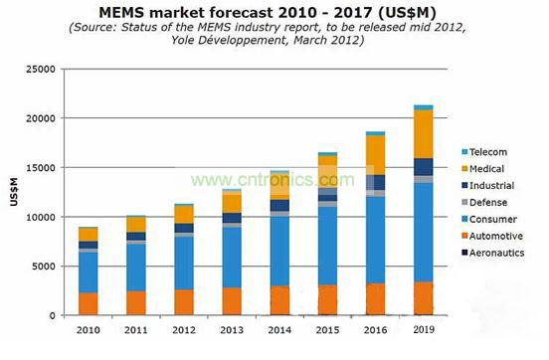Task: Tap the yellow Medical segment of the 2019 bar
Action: click(x=423, y=133)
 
